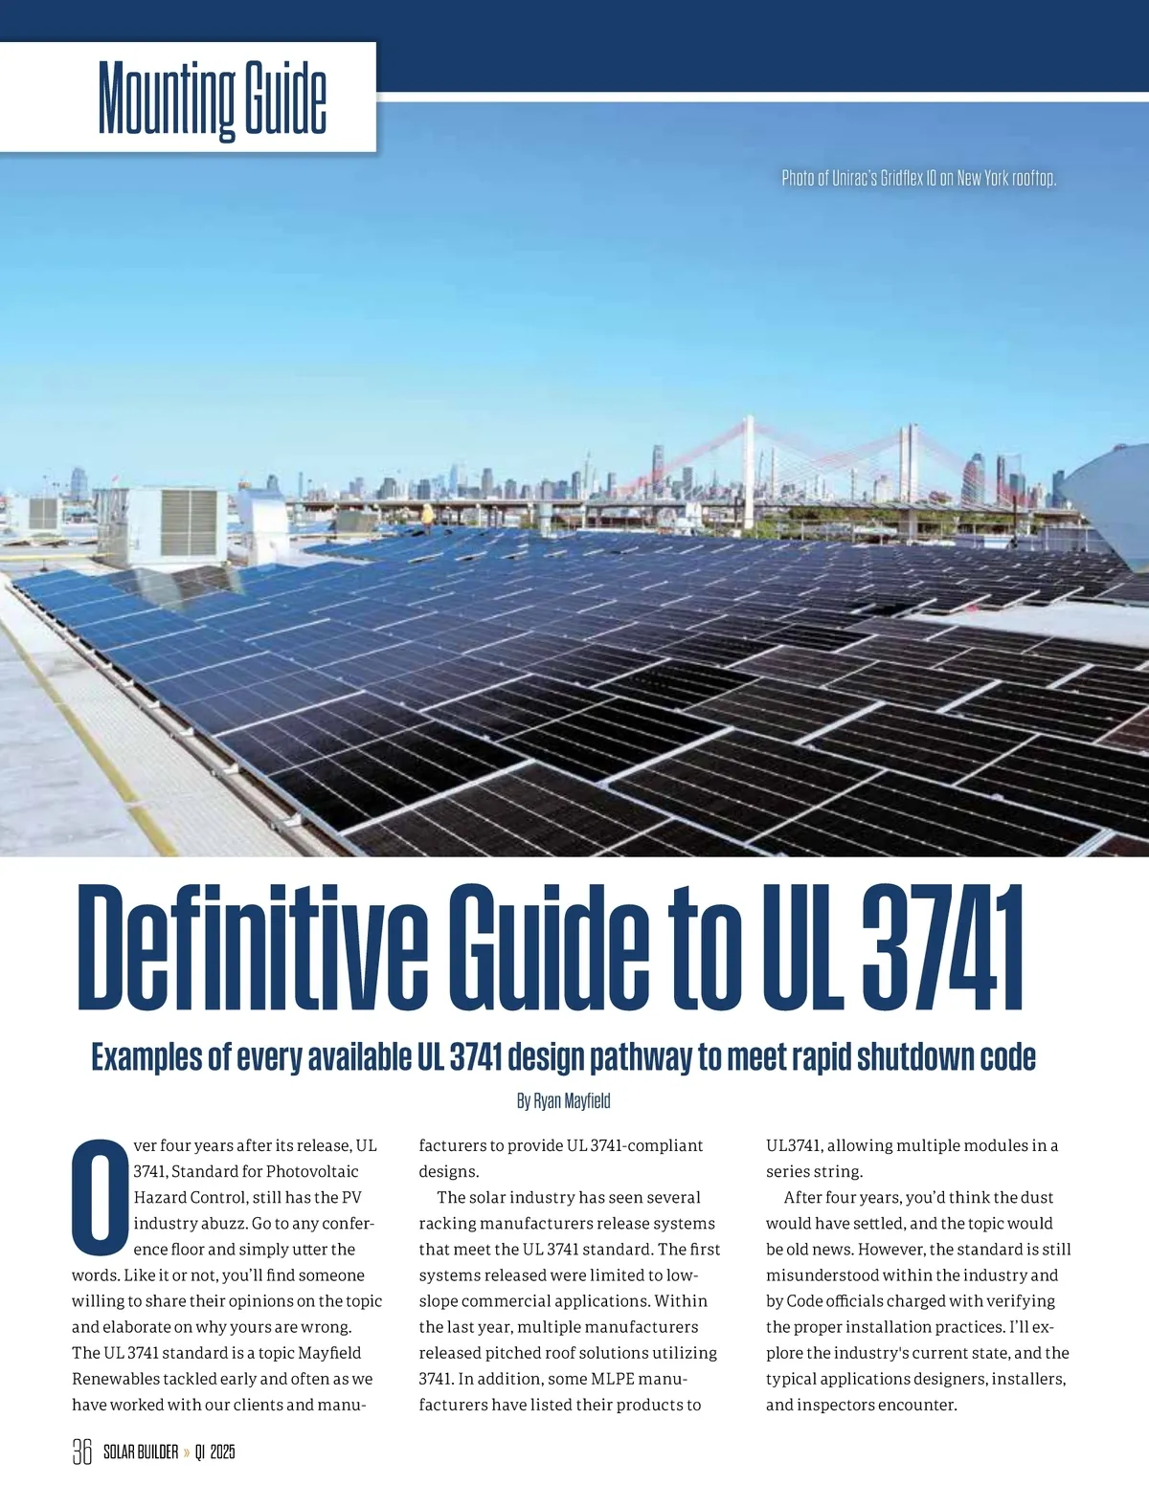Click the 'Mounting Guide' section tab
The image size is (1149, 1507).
tap(212, 99)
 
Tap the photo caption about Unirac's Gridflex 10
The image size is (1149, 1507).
tap(918, 179)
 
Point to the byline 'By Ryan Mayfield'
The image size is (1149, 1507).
tap(563, 1100)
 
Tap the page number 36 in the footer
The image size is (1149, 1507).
tap(81, 1452)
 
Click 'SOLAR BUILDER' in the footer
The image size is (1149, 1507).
tap(140, 1452)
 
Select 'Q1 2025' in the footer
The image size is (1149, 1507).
tap(214, 1452)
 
